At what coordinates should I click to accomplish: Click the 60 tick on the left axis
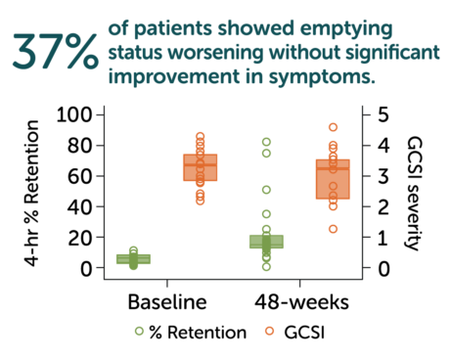click(x=80, y=177)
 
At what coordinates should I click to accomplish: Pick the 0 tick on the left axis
click(x=86, y=268)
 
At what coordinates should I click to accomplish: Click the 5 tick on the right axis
click(x=368, y=115)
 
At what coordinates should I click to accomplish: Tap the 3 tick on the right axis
click(x=368, y=177)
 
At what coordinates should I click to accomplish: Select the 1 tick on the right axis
click(x=368, y=238)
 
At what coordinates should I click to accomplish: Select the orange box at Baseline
click(x=201, y=167)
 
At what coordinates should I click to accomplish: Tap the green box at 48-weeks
click(x=266, y=242)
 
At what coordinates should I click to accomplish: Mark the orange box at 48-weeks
click(x=333, y=179)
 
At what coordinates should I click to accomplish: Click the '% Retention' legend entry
click(x=194, y=333)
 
